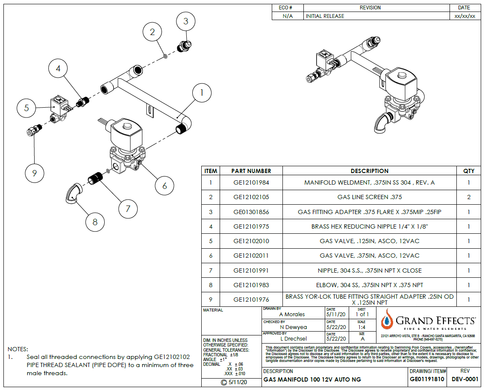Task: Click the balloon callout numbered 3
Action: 185,21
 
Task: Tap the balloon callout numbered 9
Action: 35,173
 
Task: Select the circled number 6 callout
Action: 165,186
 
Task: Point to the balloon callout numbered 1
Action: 203,92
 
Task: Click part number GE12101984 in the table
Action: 251,183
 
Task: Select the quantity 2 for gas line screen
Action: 469,197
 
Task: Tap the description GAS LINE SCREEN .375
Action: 369,197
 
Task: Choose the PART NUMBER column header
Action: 251,171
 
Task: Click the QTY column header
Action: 469,171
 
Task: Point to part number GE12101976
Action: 251,300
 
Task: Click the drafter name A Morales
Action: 292,315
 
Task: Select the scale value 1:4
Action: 362,327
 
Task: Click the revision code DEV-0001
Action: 465,379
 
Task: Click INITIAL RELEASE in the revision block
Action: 325,16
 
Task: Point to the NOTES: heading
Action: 18,349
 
